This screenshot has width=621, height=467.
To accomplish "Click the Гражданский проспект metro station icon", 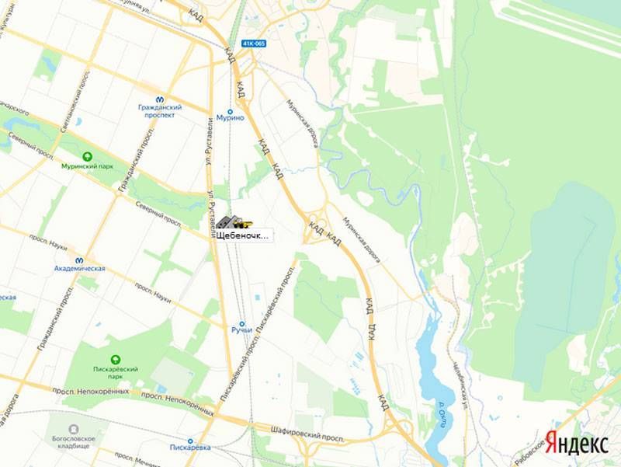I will click(x=159, y=99).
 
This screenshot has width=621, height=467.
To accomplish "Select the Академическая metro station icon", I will click(x=79, y=260).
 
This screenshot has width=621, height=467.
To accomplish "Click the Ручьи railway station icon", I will click(x=241, y=323).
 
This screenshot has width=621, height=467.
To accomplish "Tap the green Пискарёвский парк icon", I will click(x=115, y=359).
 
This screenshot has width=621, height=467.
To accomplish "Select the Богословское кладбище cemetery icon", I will click(x=73, y=429).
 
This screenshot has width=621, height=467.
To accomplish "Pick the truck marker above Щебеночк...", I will click(x=230, y=222).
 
